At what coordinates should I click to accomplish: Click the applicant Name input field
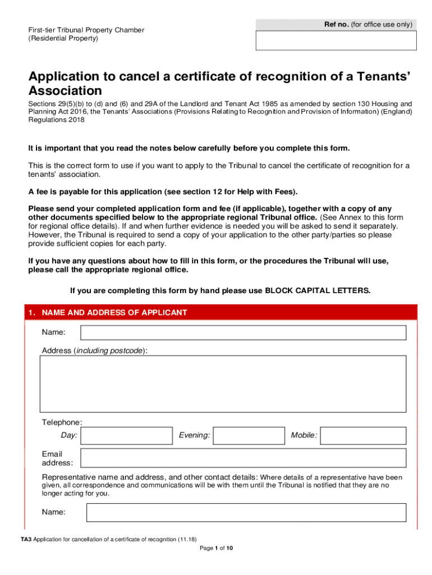coord(243,333)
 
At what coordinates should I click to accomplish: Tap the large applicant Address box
coord(223,385)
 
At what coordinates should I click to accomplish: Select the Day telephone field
coord(126,436)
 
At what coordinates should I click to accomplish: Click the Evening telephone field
coord(249,436)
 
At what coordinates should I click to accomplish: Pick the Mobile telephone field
coord(363,436)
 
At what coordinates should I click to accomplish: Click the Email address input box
coord(243,458)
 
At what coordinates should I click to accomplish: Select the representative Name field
coord(246,513)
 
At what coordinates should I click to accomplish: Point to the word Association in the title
coord(65,90)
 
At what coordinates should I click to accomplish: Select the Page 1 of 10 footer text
coord(216,549)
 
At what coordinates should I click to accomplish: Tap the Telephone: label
coord(62,422)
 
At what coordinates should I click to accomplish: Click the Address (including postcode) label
coord(95,351)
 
